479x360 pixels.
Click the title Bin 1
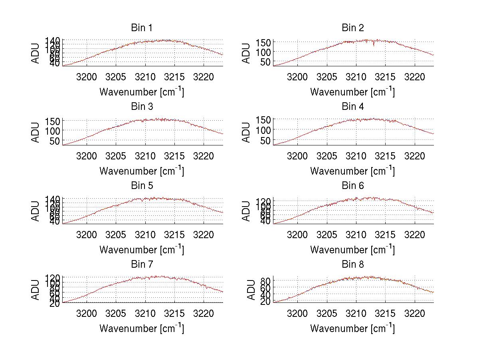[142, 28]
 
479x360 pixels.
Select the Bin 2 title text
[352, 28]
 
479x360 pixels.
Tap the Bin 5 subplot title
[142, 186]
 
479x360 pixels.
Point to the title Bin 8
[352, 265]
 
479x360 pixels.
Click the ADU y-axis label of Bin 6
[247, 211]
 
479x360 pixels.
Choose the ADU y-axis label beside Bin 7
[36, 289]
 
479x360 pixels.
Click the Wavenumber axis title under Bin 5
[142, 250]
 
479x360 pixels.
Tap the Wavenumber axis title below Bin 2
[352, 92]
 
